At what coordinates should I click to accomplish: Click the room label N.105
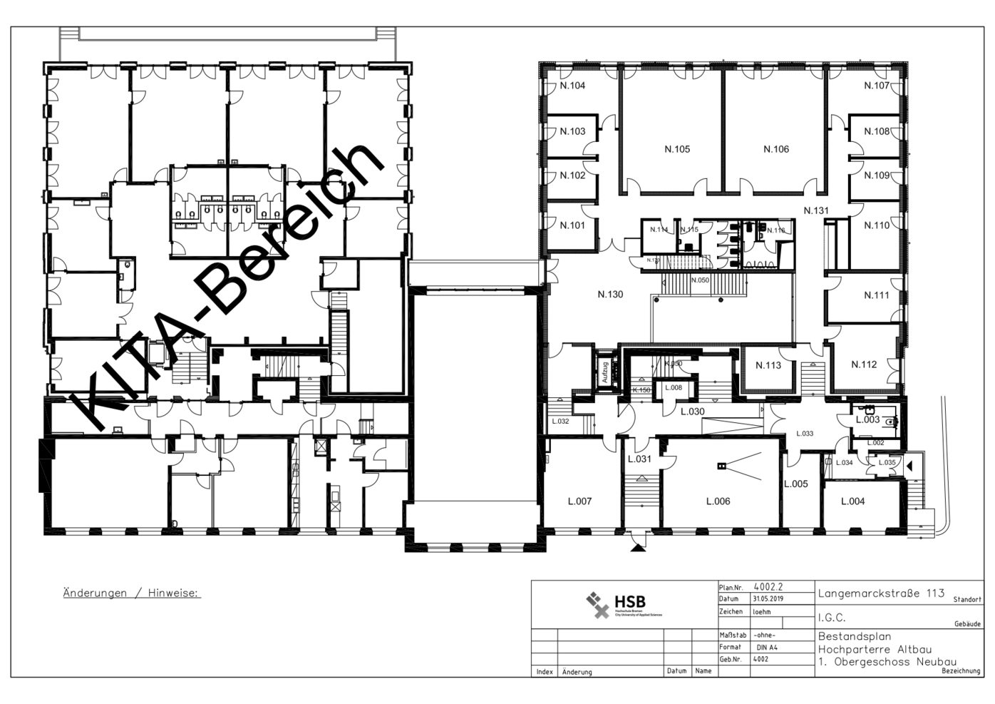coord(676,149)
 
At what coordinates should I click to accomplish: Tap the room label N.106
coord(775,149)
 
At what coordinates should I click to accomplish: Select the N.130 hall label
coord(610,294)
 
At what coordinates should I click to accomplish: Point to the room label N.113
coord(768,365)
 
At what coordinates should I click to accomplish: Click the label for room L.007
coord(579,501)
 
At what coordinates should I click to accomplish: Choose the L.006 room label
coord(718,501)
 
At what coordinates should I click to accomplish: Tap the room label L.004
coord(852,501)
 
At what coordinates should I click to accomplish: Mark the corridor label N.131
coord(816,210)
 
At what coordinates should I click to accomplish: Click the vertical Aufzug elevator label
coord(606,372)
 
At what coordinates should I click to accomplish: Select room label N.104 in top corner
coord(572,86)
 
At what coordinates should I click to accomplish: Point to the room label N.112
coord(864,364)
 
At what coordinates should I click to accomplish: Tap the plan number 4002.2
coord(768,587)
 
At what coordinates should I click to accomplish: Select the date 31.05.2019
coord(768,599)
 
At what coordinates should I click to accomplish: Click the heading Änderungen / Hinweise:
coord(132,593)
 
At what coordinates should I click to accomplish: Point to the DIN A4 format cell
coord(766,648)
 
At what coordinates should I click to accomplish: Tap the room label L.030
coord(691,412)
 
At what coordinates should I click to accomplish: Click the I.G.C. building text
coord(831,618)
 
